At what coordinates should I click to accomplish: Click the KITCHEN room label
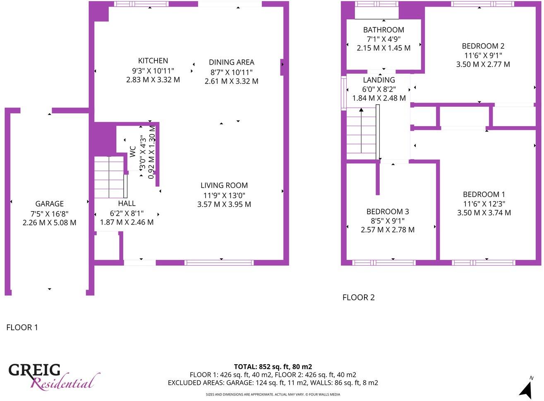(153, 61)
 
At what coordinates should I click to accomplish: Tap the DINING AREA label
(231, 62)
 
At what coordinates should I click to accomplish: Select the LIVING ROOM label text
(224, 186)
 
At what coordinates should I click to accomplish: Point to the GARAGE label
(49, 204)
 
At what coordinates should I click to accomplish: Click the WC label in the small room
(133, 151)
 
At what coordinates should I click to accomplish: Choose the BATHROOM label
(383, 30)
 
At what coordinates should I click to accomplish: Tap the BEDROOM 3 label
(387, 211)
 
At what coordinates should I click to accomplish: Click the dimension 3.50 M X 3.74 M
(484, 213)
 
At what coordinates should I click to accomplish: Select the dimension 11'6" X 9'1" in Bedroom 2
(483, 55)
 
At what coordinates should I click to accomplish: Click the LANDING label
(379, 80)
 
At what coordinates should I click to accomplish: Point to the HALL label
(127, 203)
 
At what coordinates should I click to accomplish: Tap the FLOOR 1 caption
(22, 327)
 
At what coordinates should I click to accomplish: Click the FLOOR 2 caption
(358, 298)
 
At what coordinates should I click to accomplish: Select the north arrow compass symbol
(526, 389)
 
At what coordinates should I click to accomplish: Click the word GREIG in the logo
(35, 370)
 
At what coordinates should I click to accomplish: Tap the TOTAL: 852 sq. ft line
(273, 367)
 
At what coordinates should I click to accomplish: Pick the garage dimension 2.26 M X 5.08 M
(49, 223)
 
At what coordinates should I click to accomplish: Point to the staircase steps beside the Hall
(109, 177)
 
